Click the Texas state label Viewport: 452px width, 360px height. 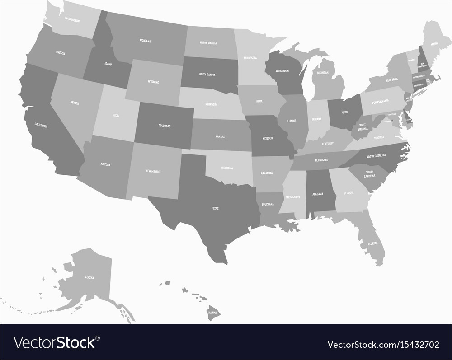coord(215,208)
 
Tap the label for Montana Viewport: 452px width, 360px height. coord(145,41)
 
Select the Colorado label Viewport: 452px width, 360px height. coord(165,126)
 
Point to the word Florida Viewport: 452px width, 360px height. coord(372,243)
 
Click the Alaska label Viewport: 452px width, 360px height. coord(89,277)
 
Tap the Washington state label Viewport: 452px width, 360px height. coord(72,20)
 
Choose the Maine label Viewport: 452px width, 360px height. coord(434,43)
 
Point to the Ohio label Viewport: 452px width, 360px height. coord(344,112)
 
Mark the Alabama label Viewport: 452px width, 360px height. coord(318,194)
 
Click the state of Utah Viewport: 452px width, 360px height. coord(116,115)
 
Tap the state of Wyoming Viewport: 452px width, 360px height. coord(153,82)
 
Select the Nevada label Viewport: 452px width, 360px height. coord(75,103)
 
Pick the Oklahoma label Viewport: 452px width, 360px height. coord(226,168)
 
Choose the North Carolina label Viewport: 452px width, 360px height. coord(376,156)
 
